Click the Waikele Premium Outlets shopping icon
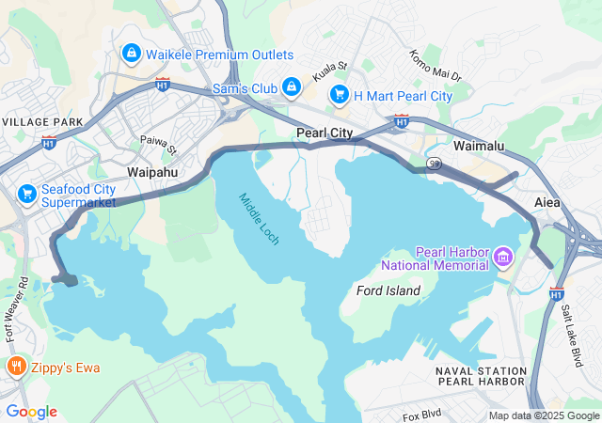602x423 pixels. (x=131, y=54)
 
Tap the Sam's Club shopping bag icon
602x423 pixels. (x=292, y=87)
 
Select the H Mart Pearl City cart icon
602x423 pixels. (x=338, y=95)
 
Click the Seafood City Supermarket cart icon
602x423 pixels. (x=26, y=195)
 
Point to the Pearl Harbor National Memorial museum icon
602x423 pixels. (x=502, y=256)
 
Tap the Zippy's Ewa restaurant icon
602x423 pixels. (x=15, y=366)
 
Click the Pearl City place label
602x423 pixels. (x=325, y=133)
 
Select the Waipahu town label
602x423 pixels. (x=151, y=173)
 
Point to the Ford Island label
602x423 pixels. (x=388, y=290)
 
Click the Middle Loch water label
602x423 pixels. (x=258, y=219)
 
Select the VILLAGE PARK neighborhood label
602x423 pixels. (x=37, y=123)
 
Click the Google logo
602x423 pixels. (x=31, y=412)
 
